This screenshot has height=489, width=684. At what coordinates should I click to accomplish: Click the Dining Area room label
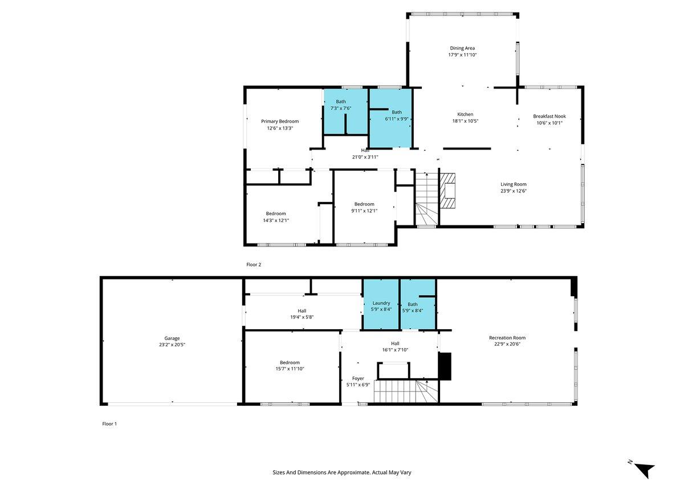462,49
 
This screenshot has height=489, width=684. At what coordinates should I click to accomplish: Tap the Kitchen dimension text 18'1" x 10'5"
465,121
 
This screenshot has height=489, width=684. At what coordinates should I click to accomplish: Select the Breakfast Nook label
549,116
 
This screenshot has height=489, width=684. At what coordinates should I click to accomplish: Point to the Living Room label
513,184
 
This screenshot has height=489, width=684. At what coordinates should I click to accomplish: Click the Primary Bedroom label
280,121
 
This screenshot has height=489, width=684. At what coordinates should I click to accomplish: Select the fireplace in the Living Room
448,191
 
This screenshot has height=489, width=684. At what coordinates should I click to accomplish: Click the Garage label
172,338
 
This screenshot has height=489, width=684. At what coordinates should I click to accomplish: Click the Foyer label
358,378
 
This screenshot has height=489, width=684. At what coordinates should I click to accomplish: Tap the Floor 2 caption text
254,265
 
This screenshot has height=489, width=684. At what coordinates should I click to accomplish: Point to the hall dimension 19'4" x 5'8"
302,317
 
